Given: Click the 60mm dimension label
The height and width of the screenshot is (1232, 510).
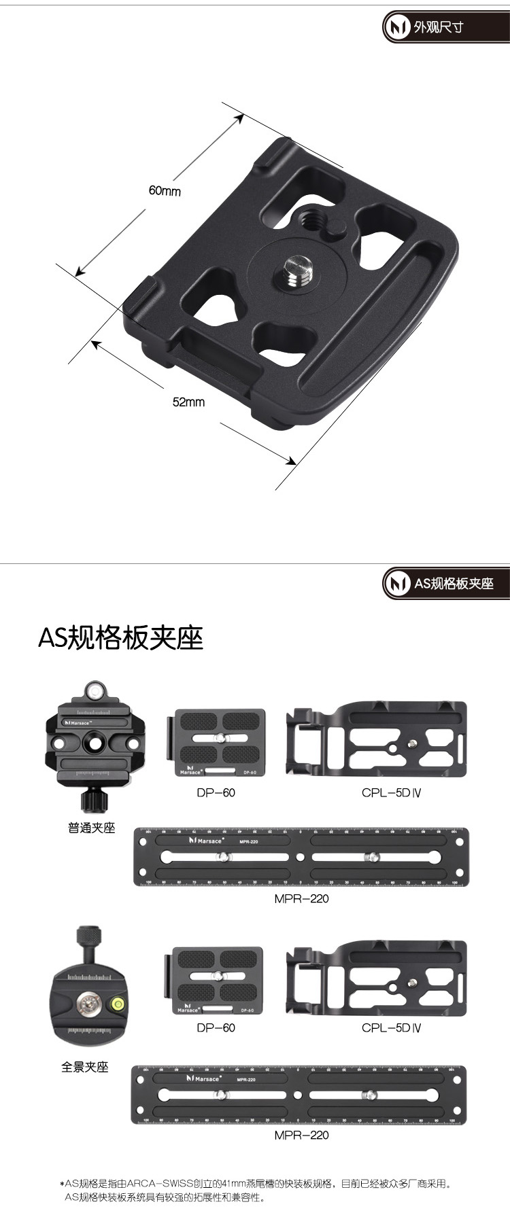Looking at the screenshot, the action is coord(165,191).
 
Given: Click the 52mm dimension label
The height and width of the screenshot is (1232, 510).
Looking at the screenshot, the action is coord(188,402).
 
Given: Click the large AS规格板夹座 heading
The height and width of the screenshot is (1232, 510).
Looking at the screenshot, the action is coord(120,637).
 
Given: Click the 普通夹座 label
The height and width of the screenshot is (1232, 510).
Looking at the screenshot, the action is coord(91,828).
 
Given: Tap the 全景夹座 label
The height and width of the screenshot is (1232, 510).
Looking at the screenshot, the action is coord(84,1067).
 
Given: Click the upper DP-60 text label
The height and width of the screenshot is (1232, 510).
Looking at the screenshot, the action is coord(216,792).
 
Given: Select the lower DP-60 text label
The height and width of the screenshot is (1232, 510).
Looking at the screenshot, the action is coord(216,1027).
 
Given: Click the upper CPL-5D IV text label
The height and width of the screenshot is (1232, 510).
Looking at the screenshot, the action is coord(391,792).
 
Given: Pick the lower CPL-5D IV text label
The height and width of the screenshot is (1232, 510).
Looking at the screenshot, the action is coord(391,1027).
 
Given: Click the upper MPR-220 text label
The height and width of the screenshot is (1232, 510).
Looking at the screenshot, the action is coord(301,898).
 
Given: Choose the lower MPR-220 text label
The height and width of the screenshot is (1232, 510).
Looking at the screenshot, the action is coord(301,1135).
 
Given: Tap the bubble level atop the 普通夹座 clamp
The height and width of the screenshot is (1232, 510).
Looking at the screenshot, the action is coord(95,692).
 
